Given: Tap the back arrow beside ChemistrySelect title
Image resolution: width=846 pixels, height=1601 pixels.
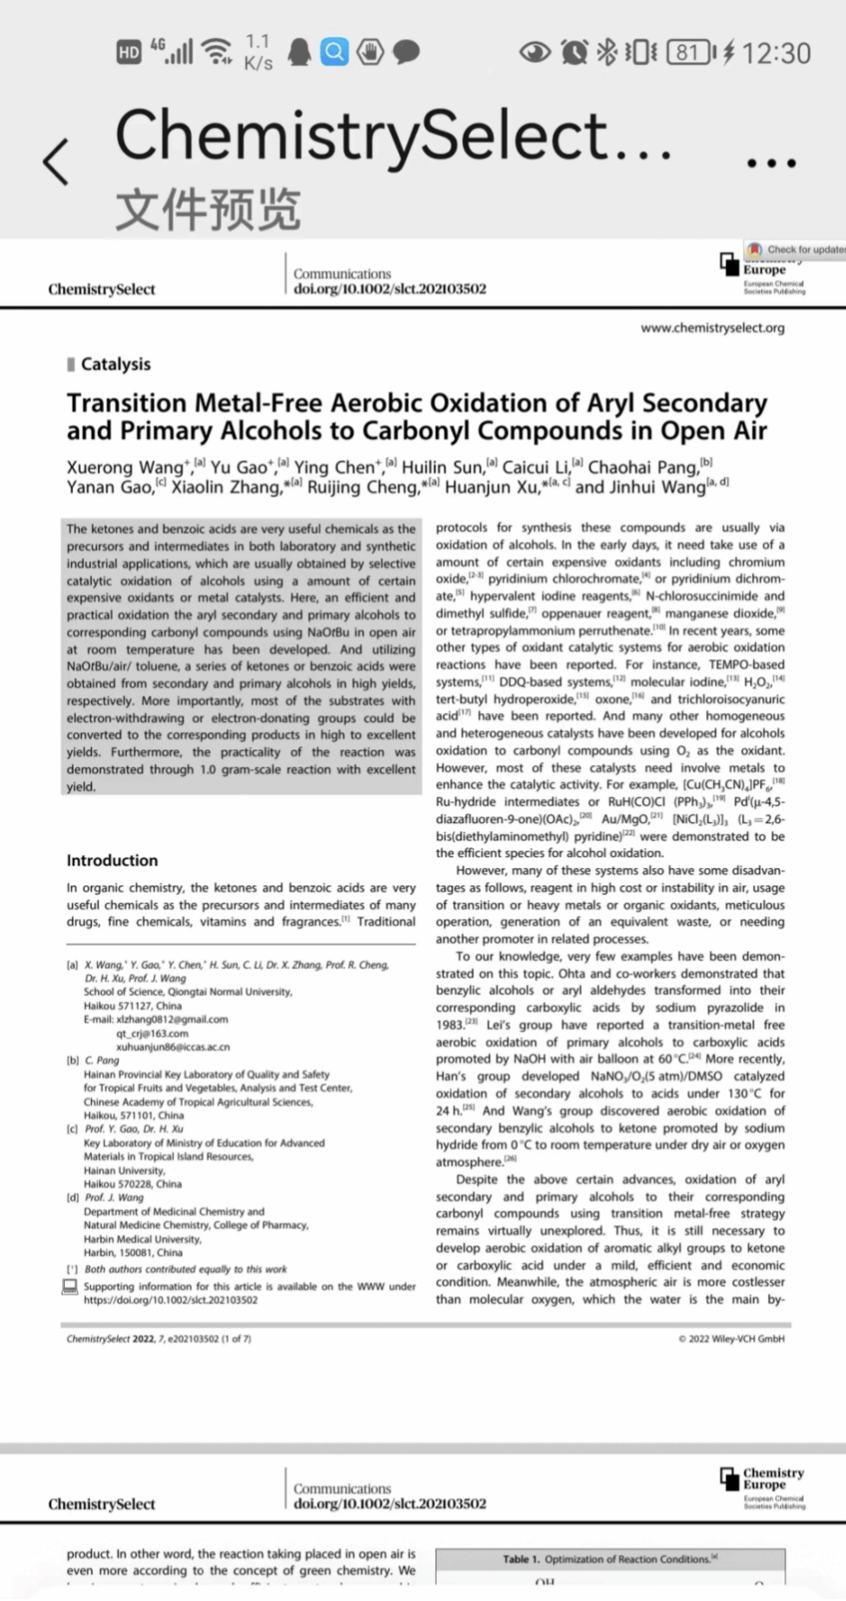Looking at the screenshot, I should pos(55,161).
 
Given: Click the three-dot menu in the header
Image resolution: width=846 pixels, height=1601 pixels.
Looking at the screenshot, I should pos(771,162).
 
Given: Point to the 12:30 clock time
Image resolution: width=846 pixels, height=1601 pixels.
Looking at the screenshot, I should pos(776,54).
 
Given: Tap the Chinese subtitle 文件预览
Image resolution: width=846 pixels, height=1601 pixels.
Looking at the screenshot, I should pos(208,211).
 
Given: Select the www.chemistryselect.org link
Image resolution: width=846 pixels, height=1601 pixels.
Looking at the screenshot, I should pos(713,327).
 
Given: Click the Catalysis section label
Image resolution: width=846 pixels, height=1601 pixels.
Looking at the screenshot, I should pos(115,364).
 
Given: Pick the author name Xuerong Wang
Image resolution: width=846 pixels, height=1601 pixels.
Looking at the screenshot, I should pos(125,467).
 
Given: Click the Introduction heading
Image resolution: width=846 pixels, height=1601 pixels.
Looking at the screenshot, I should pos(113,860).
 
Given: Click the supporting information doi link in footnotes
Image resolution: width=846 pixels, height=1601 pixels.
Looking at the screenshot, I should pos(171,1300).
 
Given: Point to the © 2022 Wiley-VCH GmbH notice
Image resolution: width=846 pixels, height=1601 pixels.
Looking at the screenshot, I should pos(731,1338).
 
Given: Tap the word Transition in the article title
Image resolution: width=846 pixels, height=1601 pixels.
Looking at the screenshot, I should pos(127,403).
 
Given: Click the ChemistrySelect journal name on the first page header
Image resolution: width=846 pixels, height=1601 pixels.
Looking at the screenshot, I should pos(101,289).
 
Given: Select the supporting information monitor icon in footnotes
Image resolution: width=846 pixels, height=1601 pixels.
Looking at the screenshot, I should pos(70,1287).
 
